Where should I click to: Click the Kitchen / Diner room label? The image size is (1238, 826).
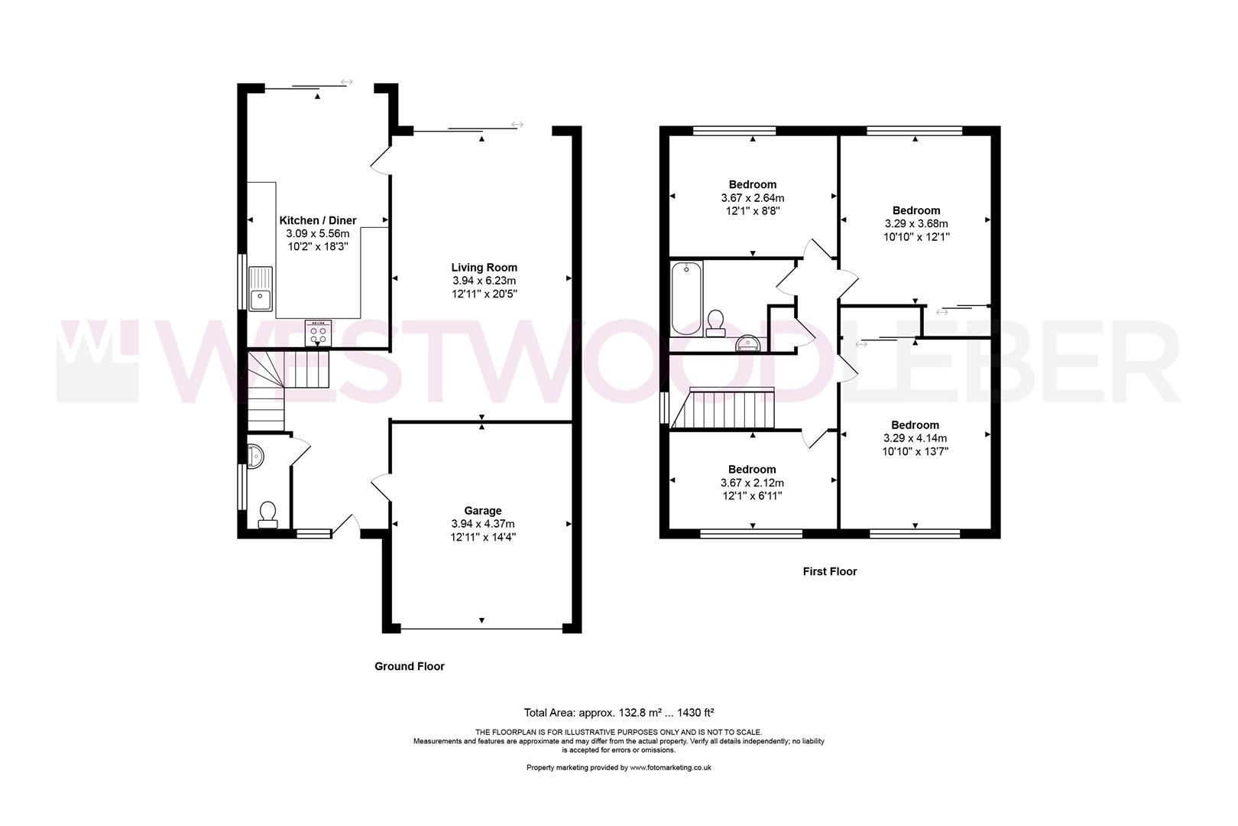[x=317, y=220]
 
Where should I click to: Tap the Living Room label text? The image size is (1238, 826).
[x=484, y=268]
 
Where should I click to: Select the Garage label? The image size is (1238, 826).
[x=482, y=511]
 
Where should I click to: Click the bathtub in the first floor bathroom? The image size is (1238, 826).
[x=685, y=298]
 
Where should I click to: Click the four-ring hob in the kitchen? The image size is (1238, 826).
[x=318, y=333]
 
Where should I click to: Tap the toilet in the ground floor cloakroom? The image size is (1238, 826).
[x=267, y=514]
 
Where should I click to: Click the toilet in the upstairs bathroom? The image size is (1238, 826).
[x=717, y=324]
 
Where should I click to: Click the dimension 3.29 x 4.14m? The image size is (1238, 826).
[x=915, y=438]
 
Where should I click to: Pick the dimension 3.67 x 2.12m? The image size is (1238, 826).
[x=752, y=483]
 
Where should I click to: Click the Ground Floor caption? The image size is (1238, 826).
[x=409, y=666]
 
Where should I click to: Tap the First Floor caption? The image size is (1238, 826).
[x=829, y=571]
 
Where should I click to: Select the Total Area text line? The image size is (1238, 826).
[x=618, y=712]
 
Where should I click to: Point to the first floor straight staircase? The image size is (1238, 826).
[x=733, y=408]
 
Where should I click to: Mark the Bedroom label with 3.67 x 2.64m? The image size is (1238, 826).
[x=752, y=184]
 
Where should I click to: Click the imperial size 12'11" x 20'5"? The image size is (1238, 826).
[x=484, y=294]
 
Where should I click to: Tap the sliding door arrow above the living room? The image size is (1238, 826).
[x=517, y=125]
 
